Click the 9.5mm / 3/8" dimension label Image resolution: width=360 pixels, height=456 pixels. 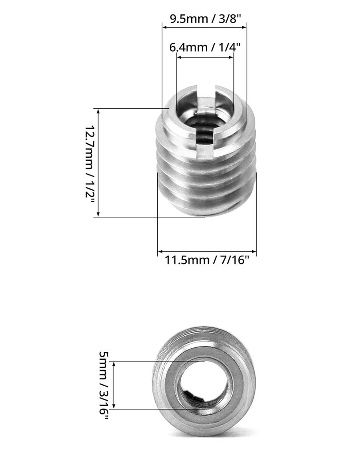pos(204,19)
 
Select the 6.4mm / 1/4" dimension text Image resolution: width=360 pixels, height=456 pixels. pos(205,47)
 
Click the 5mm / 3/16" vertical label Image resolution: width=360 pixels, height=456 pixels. pos(104,384)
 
